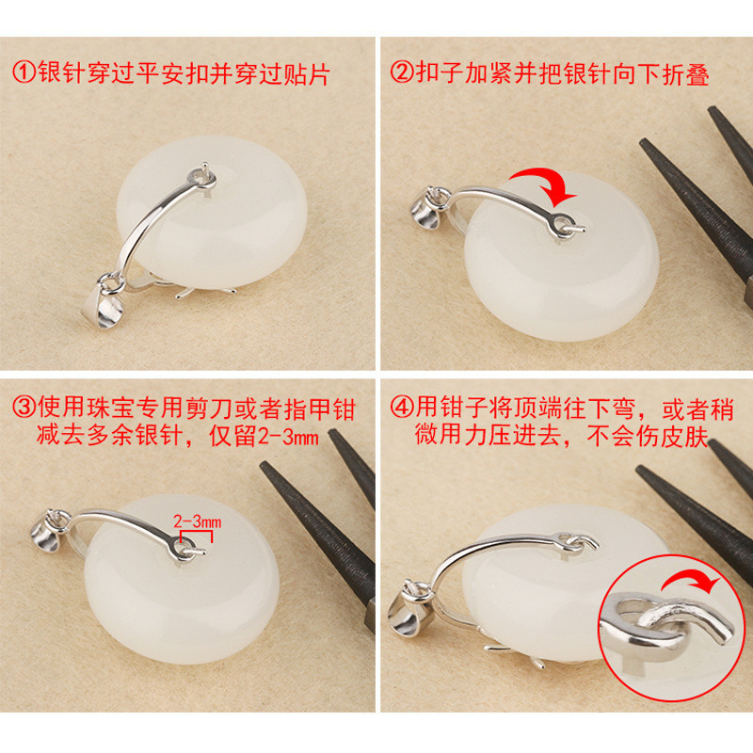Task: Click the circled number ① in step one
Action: point(24,72)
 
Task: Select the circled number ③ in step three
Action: point(24,408)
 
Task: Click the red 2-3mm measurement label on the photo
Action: point(192,521)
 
